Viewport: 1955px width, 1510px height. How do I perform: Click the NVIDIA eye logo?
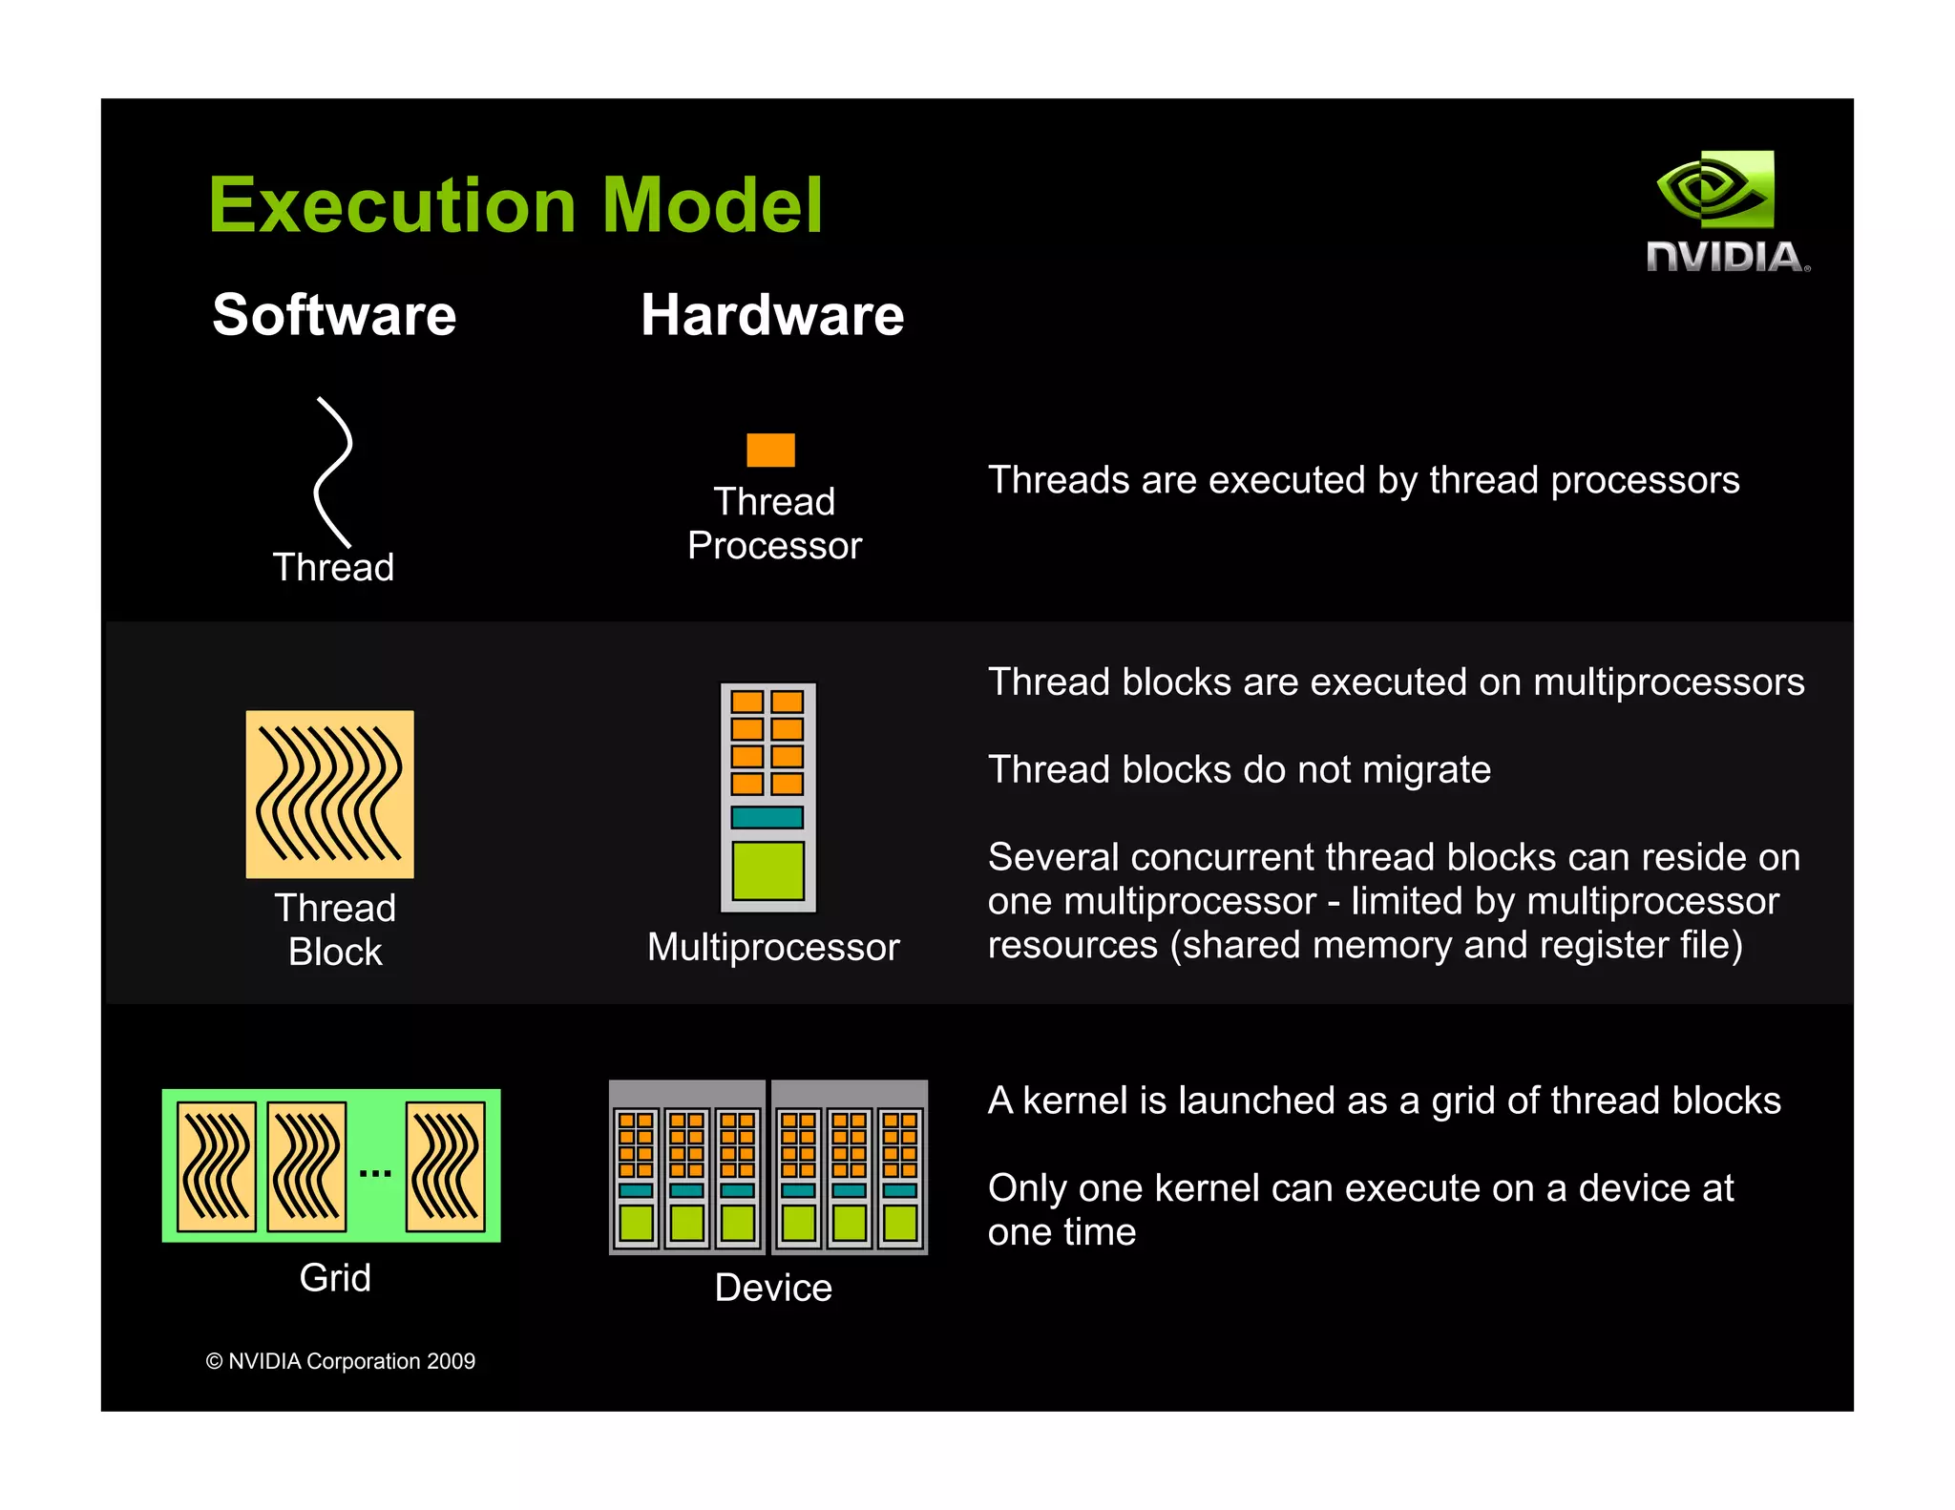(x=1715, y=189)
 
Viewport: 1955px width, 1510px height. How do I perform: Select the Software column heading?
(x=334, y=315)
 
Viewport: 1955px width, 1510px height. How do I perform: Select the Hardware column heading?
(x=772, y=315)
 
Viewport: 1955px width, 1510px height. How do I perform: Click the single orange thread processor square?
(x=770, y=450)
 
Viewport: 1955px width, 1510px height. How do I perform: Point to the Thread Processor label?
(x=774, y=523)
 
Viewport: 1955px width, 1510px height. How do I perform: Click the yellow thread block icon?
(x=330, y=793)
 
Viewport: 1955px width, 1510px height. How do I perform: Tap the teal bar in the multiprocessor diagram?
(x=767, y=817)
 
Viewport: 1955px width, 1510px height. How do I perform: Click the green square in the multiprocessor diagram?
(x=767, y=870)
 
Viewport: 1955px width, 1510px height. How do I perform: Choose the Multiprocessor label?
(x=773, y=947)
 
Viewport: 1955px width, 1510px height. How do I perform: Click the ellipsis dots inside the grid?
(x=375, y=1173)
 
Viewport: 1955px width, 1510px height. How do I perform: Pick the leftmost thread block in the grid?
(x=217, y=1166)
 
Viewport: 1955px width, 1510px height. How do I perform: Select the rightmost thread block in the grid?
(x=446, y=1166)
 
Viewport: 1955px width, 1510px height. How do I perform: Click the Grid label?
(x=335, y=1277)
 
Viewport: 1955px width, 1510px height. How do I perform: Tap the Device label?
(x=773, y=1288)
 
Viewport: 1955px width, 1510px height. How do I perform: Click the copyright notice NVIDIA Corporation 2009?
(x=341, y=1361)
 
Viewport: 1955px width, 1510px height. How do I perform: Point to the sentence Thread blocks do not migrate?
(x=1239, y=769)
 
